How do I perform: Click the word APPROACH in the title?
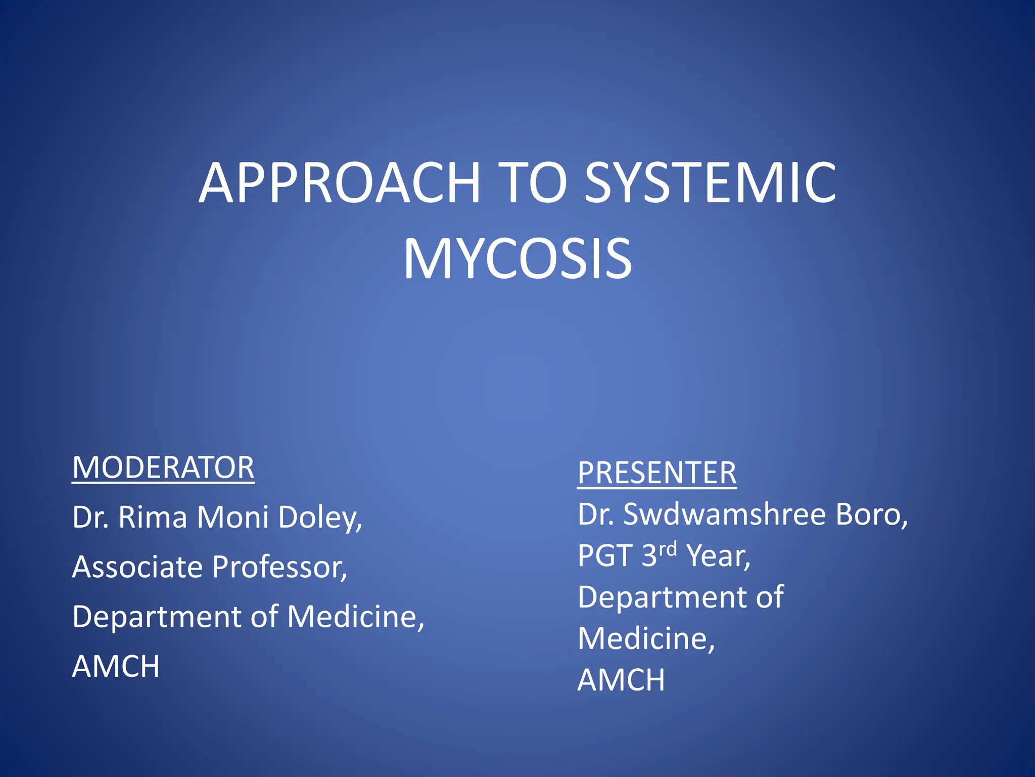[339, 183]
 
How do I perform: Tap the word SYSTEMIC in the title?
[710, 183]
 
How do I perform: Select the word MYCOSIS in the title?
[517, 260]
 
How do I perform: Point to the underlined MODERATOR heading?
[163, 467]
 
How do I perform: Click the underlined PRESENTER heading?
[656, 473]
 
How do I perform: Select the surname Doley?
[320, 517]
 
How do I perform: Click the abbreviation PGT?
[605, 556]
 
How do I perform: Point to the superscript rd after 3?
[668, 549]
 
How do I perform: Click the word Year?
[718, 556]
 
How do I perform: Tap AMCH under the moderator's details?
[116, 666]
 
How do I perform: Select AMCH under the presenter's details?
[621, 680]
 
